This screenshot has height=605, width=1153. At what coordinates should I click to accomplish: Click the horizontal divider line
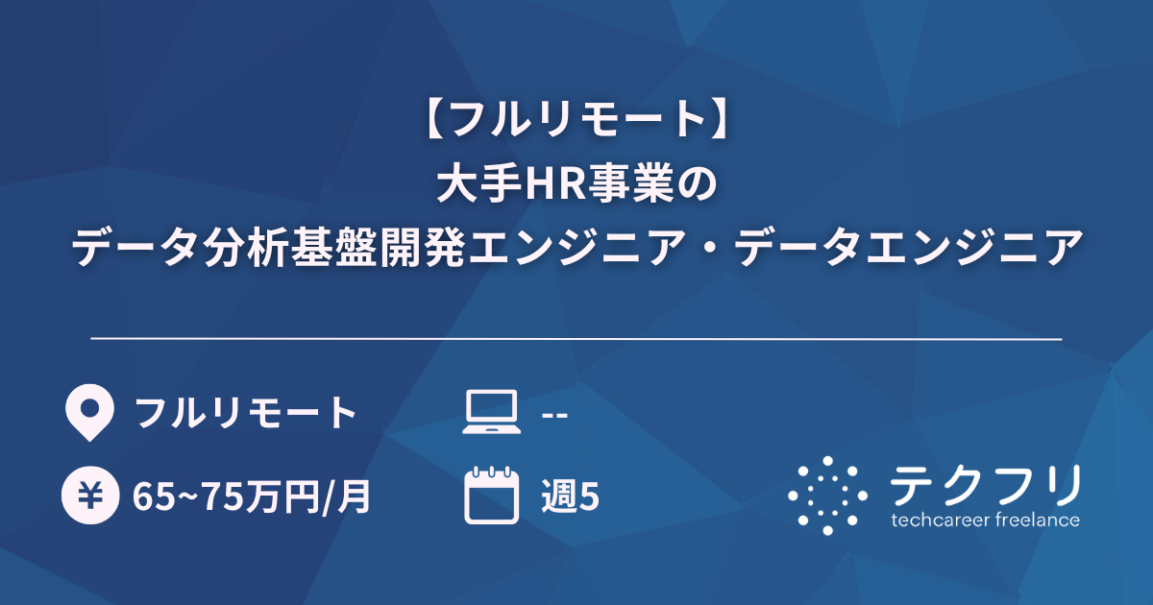pos(576,339)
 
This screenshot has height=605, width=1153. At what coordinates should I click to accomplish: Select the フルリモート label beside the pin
pos(246,414)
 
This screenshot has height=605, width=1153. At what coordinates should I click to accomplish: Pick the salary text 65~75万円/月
pos(252,496)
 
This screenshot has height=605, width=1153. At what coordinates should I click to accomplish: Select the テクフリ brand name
pos(986,486)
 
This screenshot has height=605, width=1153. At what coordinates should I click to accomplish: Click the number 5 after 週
pos(590,496)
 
